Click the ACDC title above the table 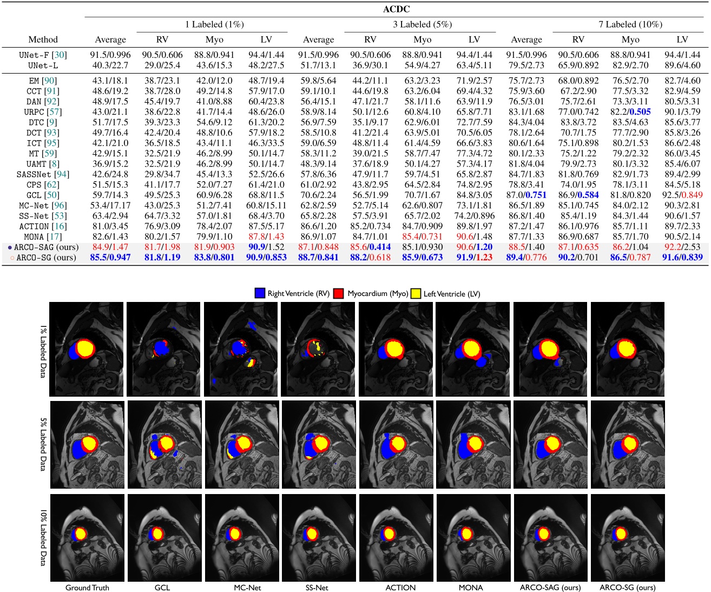point(397,9)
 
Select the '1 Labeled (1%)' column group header point(214,24)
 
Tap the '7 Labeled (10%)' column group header point(630,24)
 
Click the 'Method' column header point(43,40)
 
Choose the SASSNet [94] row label point(43,174)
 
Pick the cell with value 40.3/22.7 point(110,65)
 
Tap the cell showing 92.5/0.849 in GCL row point(682,195)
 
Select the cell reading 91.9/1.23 point(474,258)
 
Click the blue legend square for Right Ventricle point(260,293)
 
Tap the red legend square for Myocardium point(339,293)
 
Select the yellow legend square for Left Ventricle point(416,293)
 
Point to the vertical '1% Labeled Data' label point(43,351)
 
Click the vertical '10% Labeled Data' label point(43,537)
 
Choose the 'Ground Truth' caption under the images point(87,588)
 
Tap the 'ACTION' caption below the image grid point(400,588)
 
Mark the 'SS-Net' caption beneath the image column point(317,588)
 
